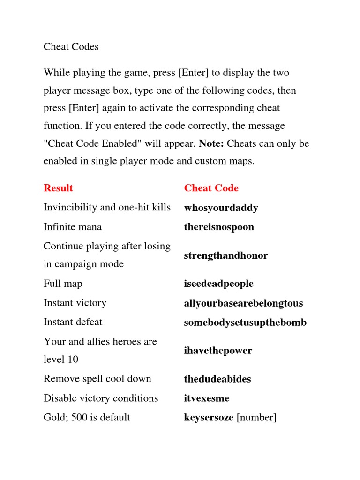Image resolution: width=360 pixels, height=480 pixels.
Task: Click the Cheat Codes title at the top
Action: [x=71, y=47]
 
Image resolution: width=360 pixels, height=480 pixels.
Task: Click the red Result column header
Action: [x=58, y=188]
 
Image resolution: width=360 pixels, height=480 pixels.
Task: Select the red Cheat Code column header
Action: [x=211, y=188]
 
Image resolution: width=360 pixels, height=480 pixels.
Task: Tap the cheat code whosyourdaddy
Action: [x=221, y=208]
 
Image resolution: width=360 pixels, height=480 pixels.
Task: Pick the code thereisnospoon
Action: [x=219, y=227]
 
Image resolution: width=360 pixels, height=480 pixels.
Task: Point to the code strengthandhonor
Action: [x=226, y=255]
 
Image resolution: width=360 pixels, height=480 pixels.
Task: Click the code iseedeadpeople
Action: [x=218, y=284]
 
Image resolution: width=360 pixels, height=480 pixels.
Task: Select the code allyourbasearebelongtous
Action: [x=243, y=303]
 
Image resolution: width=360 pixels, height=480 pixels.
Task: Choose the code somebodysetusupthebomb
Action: [x=245, y=322]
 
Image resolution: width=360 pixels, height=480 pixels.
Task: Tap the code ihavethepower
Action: [x=218, y=351]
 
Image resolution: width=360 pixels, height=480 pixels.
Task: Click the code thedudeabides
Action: [x=217, y=379]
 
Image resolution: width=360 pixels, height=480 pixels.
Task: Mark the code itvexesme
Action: [x=207, y=398]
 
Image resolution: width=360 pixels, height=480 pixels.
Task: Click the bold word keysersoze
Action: [x=209, y=417]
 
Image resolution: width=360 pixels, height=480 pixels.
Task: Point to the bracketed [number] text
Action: [x=256, y=417]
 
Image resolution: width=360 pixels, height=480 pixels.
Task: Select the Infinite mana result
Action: [x=73, y=227]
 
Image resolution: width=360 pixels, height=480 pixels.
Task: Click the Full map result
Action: [x=63, y=284]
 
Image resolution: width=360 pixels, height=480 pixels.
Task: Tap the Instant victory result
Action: [x=75, y=303]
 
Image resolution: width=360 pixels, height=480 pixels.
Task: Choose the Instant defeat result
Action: [x=73, y=322]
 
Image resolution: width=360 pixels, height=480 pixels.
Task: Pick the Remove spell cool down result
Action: [x=97, y=379]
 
